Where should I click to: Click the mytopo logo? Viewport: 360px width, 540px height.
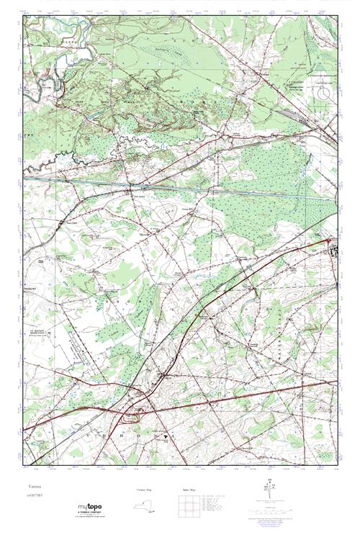89,508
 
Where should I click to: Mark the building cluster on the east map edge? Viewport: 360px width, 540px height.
333,252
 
